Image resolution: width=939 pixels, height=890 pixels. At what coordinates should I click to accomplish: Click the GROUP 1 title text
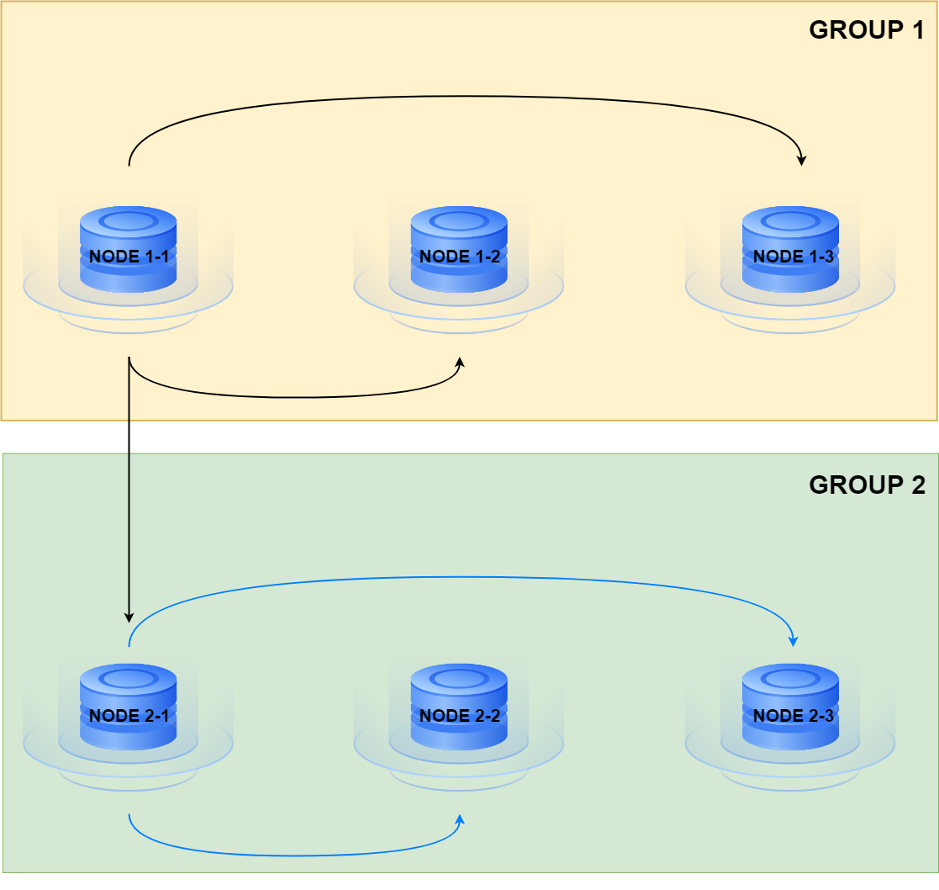pos(867,31)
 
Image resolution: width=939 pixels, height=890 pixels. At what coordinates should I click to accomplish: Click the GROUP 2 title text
pos(867,485)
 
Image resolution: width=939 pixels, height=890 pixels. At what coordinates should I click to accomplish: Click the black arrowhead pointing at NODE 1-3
pos(802,159)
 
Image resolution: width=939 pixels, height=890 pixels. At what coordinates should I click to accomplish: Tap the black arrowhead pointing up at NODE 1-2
pos(460,363)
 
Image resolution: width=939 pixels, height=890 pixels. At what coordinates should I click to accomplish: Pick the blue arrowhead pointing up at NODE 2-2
pos(460,820)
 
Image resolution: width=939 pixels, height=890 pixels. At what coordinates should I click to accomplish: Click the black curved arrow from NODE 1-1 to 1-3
pos(462,96)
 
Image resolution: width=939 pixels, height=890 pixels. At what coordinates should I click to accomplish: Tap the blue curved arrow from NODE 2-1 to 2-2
pos(294,855)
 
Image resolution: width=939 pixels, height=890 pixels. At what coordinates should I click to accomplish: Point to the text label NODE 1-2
pos(459,257)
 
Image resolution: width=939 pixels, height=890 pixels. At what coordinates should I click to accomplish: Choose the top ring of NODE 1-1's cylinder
pos(128,222)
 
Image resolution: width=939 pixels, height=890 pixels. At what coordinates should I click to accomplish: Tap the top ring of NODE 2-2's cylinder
pos(459,680)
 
